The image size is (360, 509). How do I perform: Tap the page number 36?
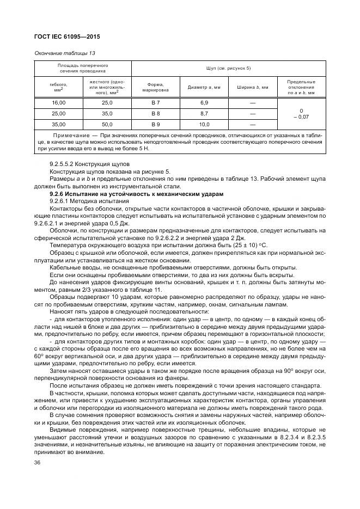tap(38, 462)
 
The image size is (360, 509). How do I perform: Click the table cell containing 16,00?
tap(58, 102)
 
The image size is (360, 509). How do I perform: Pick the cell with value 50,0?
tap(107, 124)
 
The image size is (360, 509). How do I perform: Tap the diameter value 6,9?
tap(204, 102)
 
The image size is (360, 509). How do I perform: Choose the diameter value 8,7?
tap(204, 113)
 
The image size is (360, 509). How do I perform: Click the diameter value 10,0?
tap(204, 124)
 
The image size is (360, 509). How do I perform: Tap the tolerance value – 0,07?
tap(301, 117)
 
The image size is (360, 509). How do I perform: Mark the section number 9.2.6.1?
tap(62, 201)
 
